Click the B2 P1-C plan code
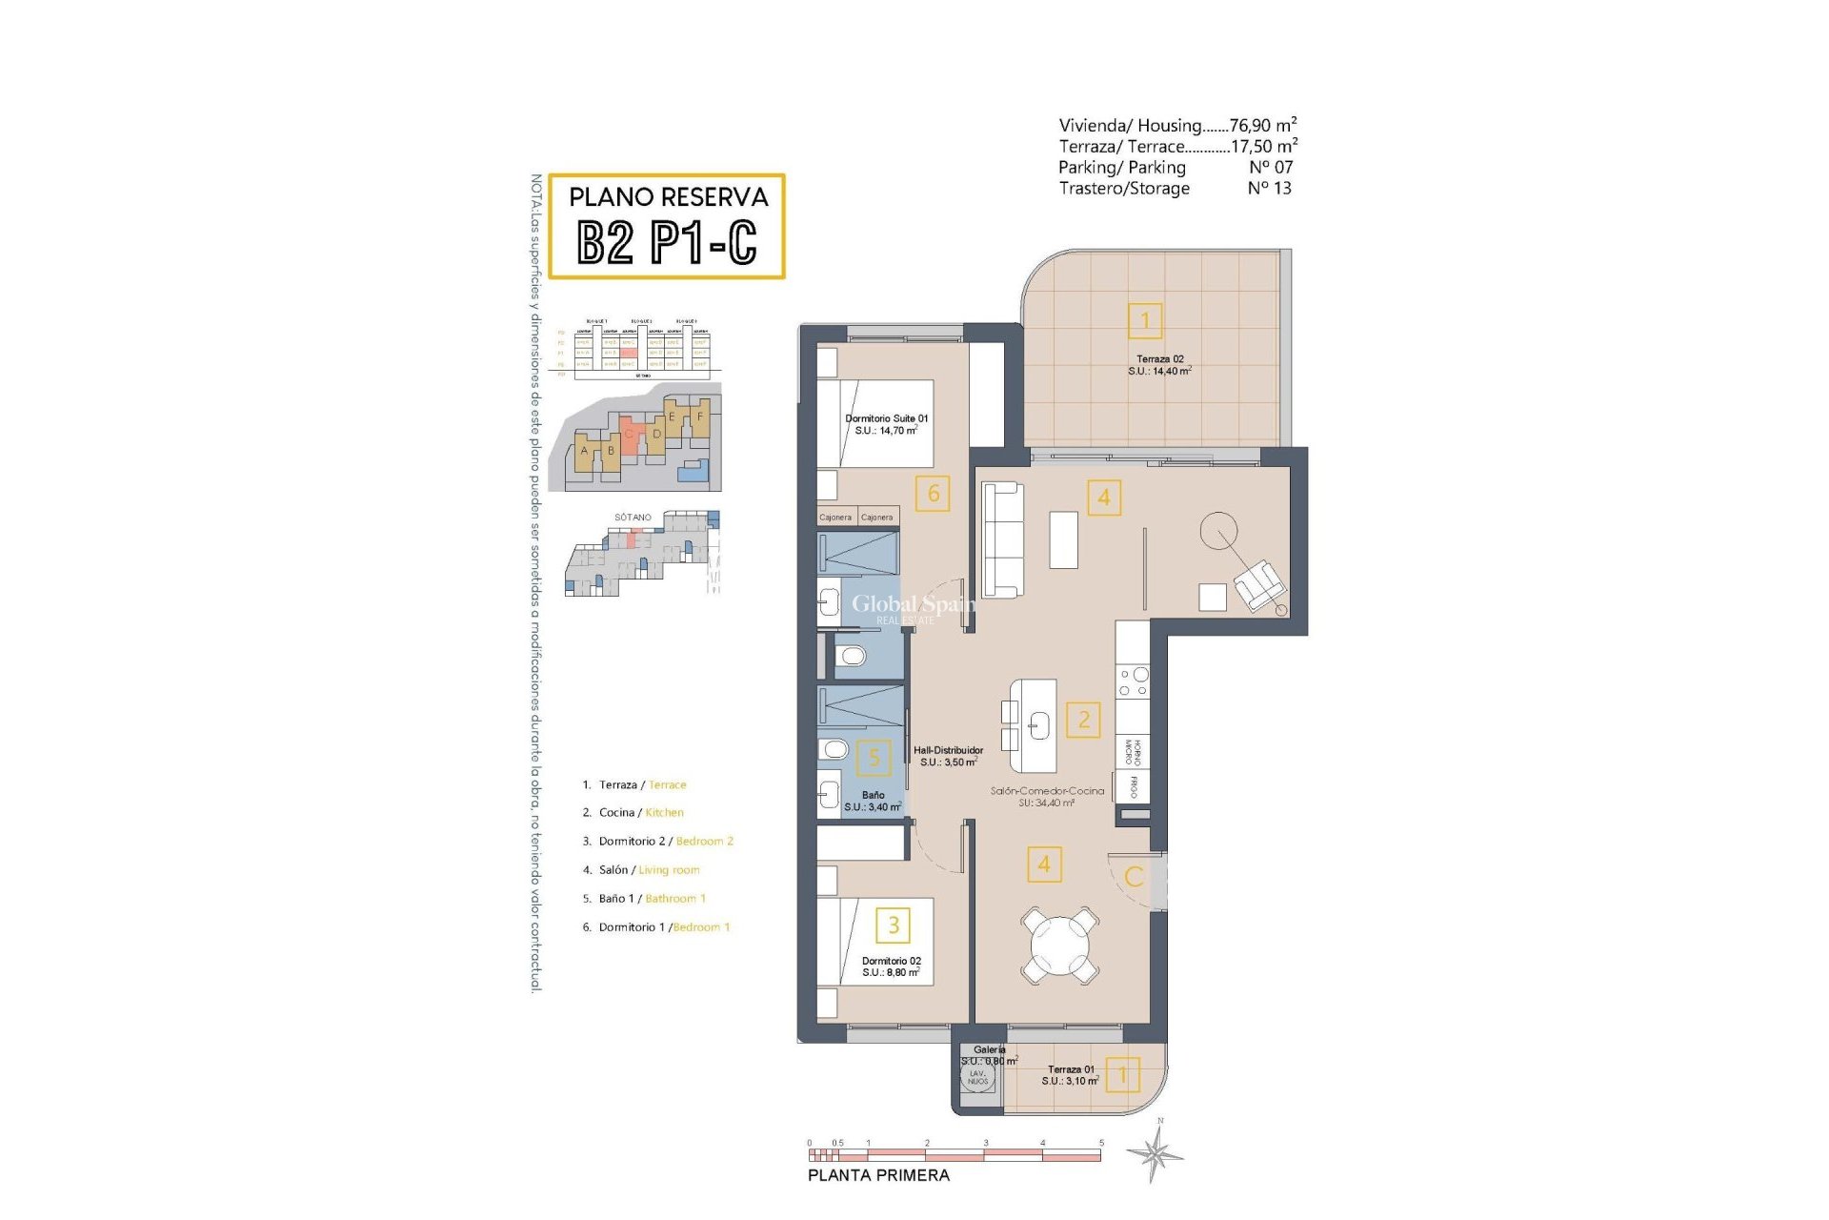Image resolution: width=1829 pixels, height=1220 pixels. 667,242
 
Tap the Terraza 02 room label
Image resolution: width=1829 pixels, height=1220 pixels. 1159,365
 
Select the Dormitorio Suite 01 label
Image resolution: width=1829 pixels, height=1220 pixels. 886,424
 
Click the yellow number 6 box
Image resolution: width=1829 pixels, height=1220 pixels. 933,493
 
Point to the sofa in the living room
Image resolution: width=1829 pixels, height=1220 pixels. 1002,539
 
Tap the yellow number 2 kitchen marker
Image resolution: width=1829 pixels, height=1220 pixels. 1083,720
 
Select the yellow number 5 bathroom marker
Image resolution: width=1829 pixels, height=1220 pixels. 874,759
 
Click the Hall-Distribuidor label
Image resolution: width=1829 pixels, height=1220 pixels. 948,756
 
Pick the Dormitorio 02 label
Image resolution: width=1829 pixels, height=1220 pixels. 891,966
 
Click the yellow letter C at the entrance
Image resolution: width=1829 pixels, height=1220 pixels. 1134,877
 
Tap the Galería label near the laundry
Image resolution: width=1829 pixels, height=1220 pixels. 989,1050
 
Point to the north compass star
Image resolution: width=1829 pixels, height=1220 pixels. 1156,1154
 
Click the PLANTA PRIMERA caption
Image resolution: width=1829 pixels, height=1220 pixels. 878,1175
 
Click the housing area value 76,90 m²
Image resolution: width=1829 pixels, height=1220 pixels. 1262,125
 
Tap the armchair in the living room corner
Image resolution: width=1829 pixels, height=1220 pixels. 1258,584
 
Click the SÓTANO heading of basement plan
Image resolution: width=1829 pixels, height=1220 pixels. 633,518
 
